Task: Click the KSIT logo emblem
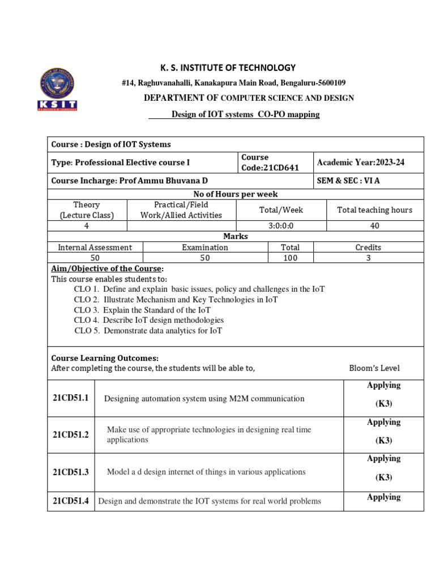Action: pos(57,89)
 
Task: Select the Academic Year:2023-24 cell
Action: pos(361,163)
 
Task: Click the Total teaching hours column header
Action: pos(374,210)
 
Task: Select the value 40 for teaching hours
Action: pos(374,225)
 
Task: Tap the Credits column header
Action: pos(368,247)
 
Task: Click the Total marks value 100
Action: pos(290,258)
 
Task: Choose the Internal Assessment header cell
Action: pos(95,247)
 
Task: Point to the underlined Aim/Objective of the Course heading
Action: pos(107,268)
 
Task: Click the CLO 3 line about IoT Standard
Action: pos(142,310)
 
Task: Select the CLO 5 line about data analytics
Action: pos(148,330)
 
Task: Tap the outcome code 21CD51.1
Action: pos(71,398)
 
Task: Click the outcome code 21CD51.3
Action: pos(71,471)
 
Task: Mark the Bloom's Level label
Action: pos(374,368)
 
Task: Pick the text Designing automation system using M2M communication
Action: pos(204,399)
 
